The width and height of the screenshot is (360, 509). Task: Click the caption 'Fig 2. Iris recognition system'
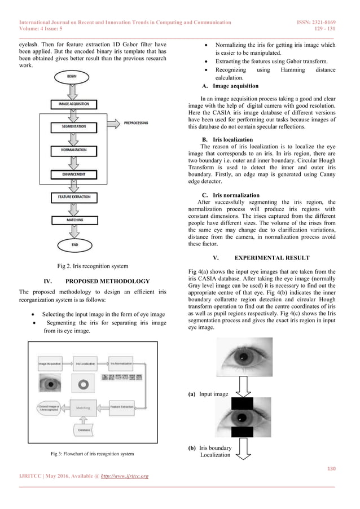coord(93,266)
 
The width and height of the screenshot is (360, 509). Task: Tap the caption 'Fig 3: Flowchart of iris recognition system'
coord(93,453)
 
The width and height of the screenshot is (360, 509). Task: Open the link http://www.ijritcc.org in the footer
coord(124,476)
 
